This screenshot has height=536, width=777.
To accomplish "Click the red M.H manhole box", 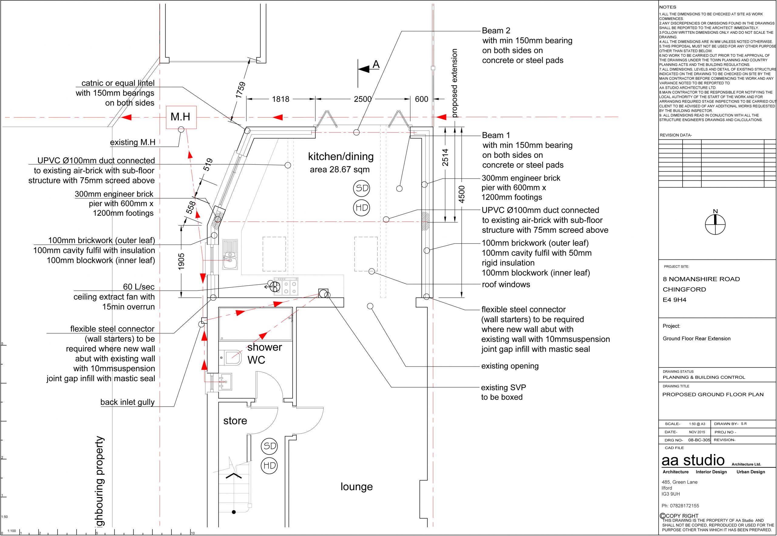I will coord(181,117).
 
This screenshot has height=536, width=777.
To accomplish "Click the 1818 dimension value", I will coord(280,99).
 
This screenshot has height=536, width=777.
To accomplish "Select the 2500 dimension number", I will coord(363,99).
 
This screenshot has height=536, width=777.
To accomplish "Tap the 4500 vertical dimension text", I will coord(462,194).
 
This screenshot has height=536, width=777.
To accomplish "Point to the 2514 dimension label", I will coord(445,157).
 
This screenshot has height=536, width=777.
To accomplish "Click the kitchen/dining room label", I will coord(341,157).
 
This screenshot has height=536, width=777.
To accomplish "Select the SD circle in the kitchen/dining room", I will coord(361,188).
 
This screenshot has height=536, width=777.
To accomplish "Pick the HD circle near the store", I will coord(269,466).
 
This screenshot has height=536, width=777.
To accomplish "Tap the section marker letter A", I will coord(376,64).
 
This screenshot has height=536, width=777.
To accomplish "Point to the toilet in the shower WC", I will coord(231,357).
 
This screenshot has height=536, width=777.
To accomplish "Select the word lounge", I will coord(356,487).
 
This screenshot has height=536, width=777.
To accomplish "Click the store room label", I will coord(235,421).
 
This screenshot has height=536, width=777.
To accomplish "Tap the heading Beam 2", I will coord(496,31).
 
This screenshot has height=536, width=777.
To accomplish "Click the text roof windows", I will coord(506,284).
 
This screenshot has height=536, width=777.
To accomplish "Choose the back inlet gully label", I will coord(127,402).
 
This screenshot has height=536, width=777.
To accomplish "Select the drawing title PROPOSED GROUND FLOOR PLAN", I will coord(713,395).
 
